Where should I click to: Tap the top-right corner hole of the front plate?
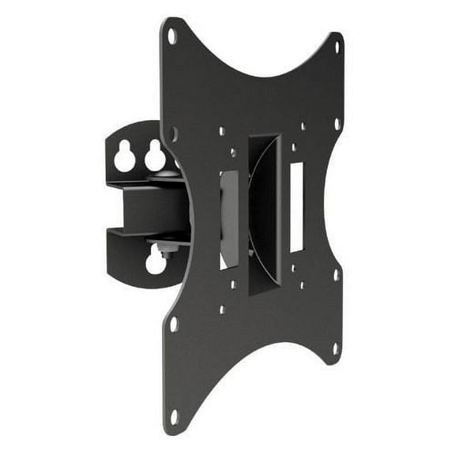click(337, 47)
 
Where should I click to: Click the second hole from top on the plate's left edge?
click(174, 133)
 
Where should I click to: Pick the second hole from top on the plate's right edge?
click(337, 124)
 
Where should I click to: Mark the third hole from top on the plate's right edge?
click(337, 276)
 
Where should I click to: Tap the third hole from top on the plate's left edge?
click(174, 324)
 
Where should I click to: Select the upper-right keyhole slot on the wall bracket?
click(156, 158)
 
